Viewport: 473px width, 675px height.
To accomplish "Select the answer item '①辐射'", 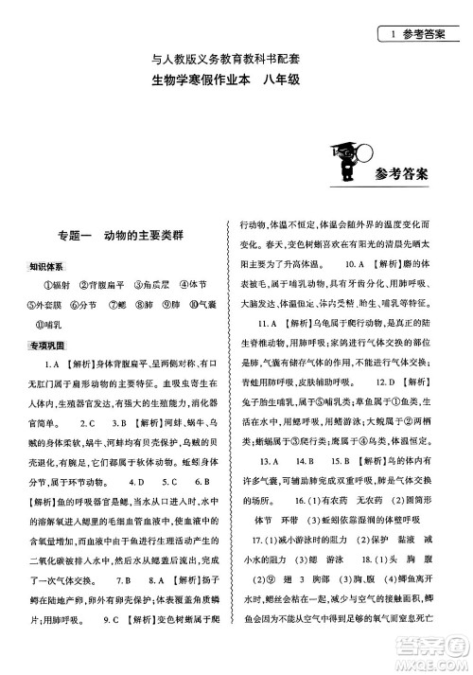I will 58,285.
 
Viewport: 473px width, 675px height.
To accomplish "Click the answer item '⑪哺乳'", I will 58,324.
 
